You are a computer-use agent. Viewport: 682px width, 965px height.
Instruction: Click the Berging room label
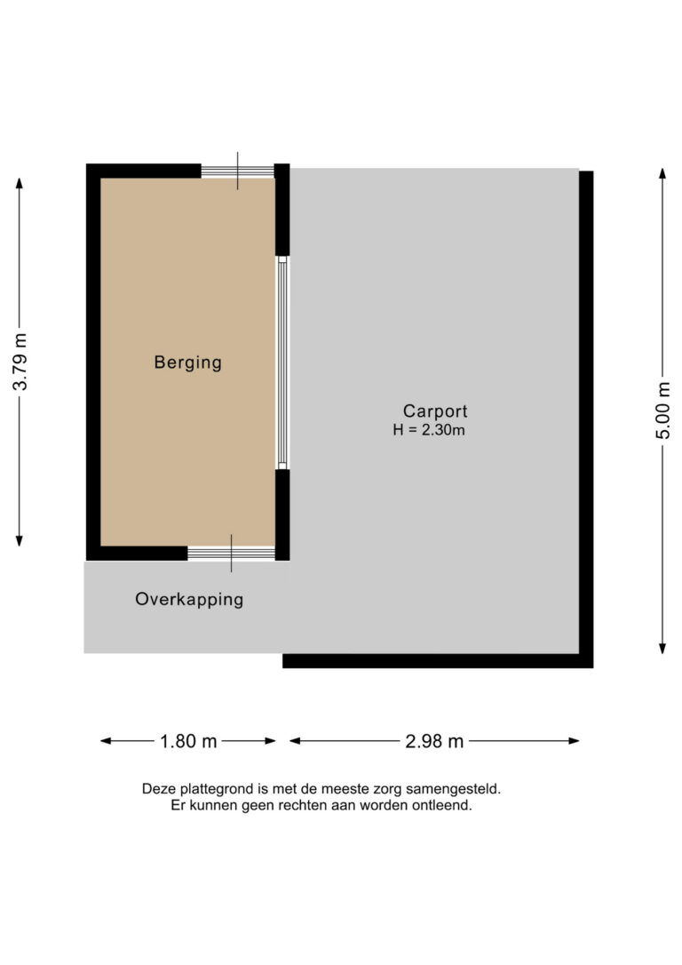point(187,363)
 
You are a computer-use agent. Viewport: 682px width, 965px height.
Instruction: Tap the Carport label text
point(435,411)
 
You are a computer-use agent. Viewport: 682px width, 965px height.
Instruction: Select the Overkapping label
point(189,600)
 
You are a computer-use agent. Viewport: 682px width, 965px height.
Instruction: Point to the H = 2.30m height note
point(429,430)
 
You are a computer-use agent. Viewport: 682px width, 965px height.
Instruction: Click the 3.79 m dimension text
point(20,362)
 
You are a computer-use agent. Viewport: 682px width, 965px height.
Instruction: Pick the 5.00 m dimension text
point(663,411)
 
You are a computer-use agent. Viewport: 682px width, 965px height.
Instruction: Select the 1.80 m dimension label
point(188,741)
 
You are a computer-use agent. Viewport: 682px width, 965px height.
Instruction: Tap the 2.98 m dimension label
point(434,741)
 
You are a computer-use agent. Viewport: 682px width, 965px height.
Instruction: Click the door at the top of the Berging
point(237,171)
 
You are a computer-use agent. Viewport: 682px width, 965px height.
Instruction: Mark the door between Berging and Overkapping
point(231,554)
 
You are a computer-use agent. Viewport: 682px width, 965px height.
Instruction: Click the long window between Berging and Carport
point(282,363)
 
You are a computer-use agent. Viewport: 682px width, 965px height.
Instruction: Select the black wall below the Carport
point(438,661)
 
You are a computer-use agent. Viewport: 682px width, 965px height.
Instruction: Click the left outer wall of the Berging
point(93,362)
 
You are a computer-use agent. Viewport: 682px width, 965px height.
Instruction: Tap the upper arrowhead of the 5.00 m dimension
point(662,173)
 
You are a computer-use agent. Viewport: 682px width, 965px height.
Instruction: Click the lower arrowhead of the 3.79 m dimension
point(19,541)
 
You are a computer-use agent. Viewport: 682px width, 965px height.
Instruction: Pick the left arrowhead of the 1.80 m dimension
point(106,741)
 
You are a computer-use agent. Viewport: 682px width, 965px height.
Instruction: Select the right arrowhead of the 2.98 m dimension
point(575,741)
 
